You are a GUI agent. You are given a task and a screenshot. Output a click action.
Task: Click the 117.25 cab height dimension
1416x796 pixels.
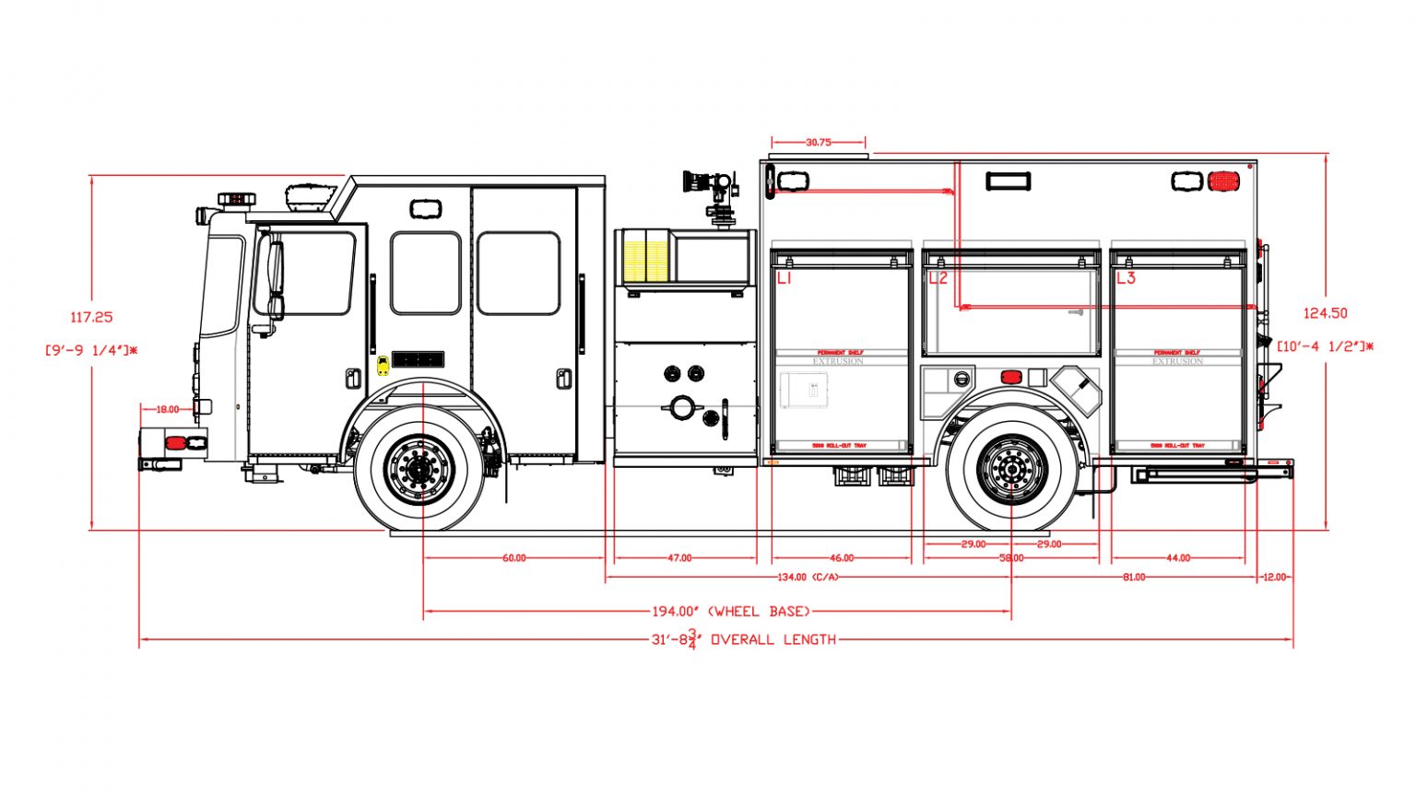(x=91, y=317)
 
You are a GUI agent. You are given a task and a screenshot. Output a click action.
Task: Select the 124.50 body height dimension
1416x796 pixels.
(x=1325, y=313)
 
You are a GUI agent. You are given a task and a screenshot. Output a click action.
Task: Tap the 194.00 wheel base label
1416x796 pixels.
(x=730, y=611)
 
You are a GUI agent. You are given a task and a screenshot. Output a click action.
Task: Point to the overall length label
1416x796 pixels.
(x=744, y=639)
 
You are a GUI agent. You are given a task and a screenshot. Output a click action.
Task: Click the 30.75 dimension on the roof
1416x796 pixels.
(x=818, y=143)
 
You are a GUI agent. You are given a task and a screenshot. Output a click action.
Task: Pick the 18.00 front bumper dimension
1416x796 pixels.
(x=168, y=409)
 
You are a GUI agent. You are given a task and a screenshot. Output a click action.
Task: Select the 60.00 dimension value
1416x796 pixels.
(x=513, y=558)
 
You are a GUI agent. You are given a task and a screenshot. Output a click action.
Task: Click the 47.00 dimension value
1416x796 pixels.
(x=679, y=558)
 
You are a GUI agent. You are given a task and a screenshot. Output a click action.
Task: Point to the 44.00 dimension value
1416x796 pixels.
(x=1178, y=558)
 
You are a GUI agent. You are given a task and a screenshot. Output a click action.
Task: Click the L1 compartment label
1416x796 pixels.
(x=785, y=277)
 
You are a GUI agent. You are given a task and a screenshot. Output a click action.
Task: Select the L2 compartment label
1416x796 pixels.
(x=938, y=277)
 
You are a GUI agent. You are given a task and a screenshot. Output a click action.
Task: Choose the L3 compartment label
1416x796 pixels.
(x=1126, y=277)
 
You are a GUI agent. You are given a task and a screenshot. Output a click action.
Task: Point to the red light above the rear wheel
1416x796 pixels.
(x=1011, y=377)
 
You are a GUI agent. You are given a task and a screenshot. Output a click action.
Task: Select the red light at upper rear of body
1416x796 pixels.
(x=1223, y=181)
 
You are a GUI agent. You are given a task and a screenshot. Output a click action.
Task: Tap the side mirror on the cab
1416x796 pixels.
(x=275, y=276)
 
